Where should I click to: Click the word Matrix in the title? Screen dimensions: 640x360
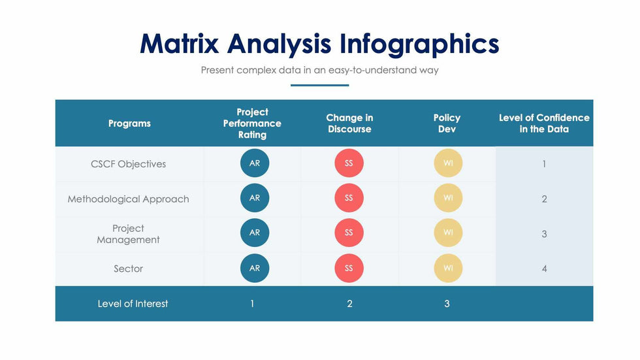[x=179, y=43]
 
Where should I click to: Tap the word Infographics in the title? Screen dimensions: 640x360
[x=419, y=44]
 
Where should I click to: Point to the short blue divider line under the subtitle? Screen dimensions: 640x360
[x=319, y=86]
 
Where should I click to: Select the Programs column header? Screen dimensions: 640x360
[x=129, y=123]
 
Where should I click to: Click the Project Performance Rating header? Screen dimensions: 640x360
[x=252, y=123]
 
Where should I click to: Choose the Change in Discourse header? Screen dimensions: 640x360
[x=349, y=123]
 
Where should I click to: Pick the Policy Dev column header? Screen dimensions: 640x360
[x=447, y=123]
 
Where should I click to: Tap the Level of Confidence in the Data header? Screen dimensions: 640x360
[x=544, y=123]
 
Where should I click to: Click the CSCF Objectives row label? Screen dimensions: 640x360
[x=128, y=164]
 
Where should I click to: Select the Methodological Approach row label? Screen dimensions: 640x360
[x=128, y=199]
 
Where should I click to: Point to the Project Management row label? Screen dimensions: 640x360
[x=128, y=234]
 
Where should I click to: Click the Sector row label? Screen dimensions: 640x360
[x=128, y=269]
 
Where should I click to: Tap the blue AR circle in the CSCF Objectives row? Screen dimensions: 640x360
[x=255, y=163]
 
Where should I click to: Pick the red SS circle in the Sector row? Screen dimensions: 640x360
[x=349, y=268]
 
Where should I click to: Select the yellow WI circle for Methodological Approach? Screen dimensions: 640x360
[x=448, y=198]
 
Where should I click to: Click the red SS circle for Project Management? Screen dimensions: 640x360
[x=349, y=233]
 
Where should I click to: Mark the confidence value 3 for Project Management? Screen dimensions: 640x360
[x=544, y=234]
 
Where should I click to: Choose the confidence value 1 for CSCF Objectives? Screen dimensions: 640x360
[x=544, y=164]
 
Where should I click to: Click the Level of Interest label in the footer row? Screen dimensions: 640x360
[x=133, y=304]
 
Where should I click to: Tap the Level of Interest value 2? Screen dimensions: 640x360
[x=349, y=304]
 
